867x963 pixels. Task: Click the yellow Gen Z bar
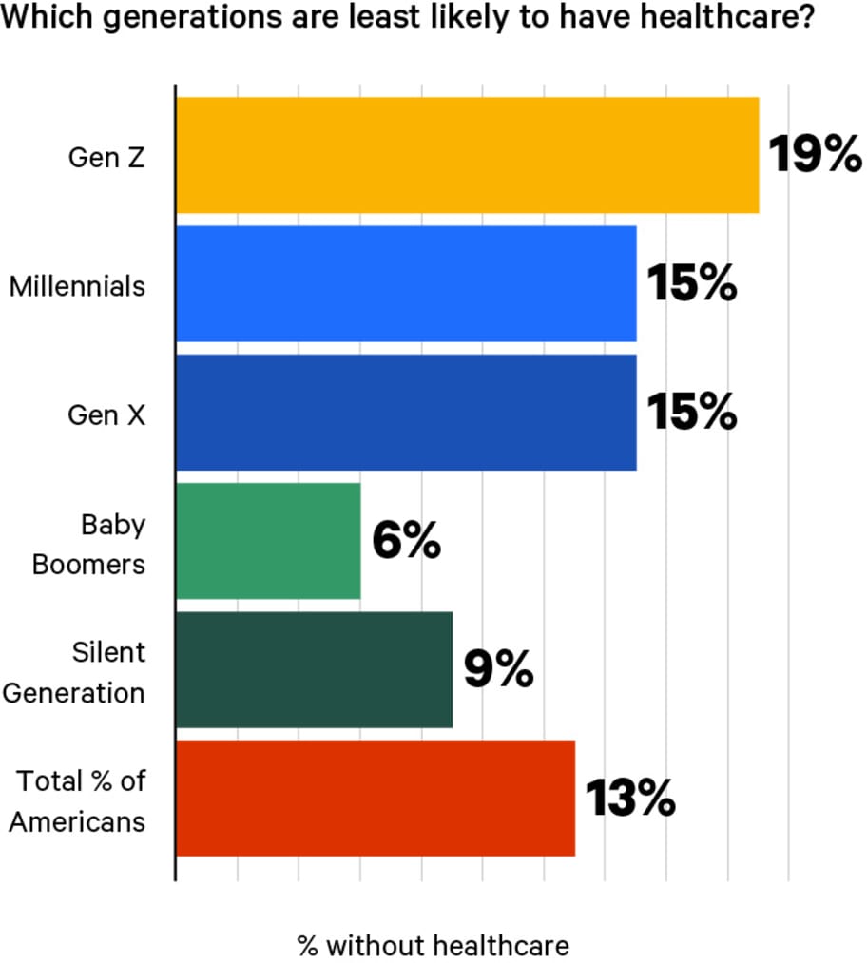coord(467,155)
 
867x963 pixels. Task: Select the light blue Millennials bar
coord(406,283)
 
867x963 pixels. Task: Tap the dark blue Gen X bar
coord(406,413)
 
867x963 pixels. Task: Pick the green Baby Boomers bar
coord(268,541)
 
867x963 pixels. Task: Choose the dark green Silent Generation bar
coord(314,670)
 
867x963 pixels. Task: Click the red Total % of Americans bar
coord(376,799)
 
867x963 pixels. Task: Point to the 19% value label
coord(814,155)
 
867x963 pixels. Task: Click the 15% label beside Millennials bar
coord(691,283)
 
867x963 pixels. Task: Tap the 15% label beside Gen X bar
coord(691,413)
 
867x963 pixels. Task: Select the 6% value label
coord(406,542)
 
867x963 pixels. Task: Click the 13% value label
coord(628,799)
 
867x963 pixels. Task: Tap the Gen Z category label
coord(106,157)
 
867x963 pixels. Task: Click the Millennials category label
coord(78,285)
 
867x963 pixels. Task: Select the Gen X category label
coord(106,414)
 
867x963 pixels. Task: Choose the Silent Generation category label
coord(74,672)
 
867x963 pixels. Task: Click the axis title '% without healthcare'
coord(433,945)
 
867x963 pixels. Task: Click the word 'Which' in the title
coord(40,18)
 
